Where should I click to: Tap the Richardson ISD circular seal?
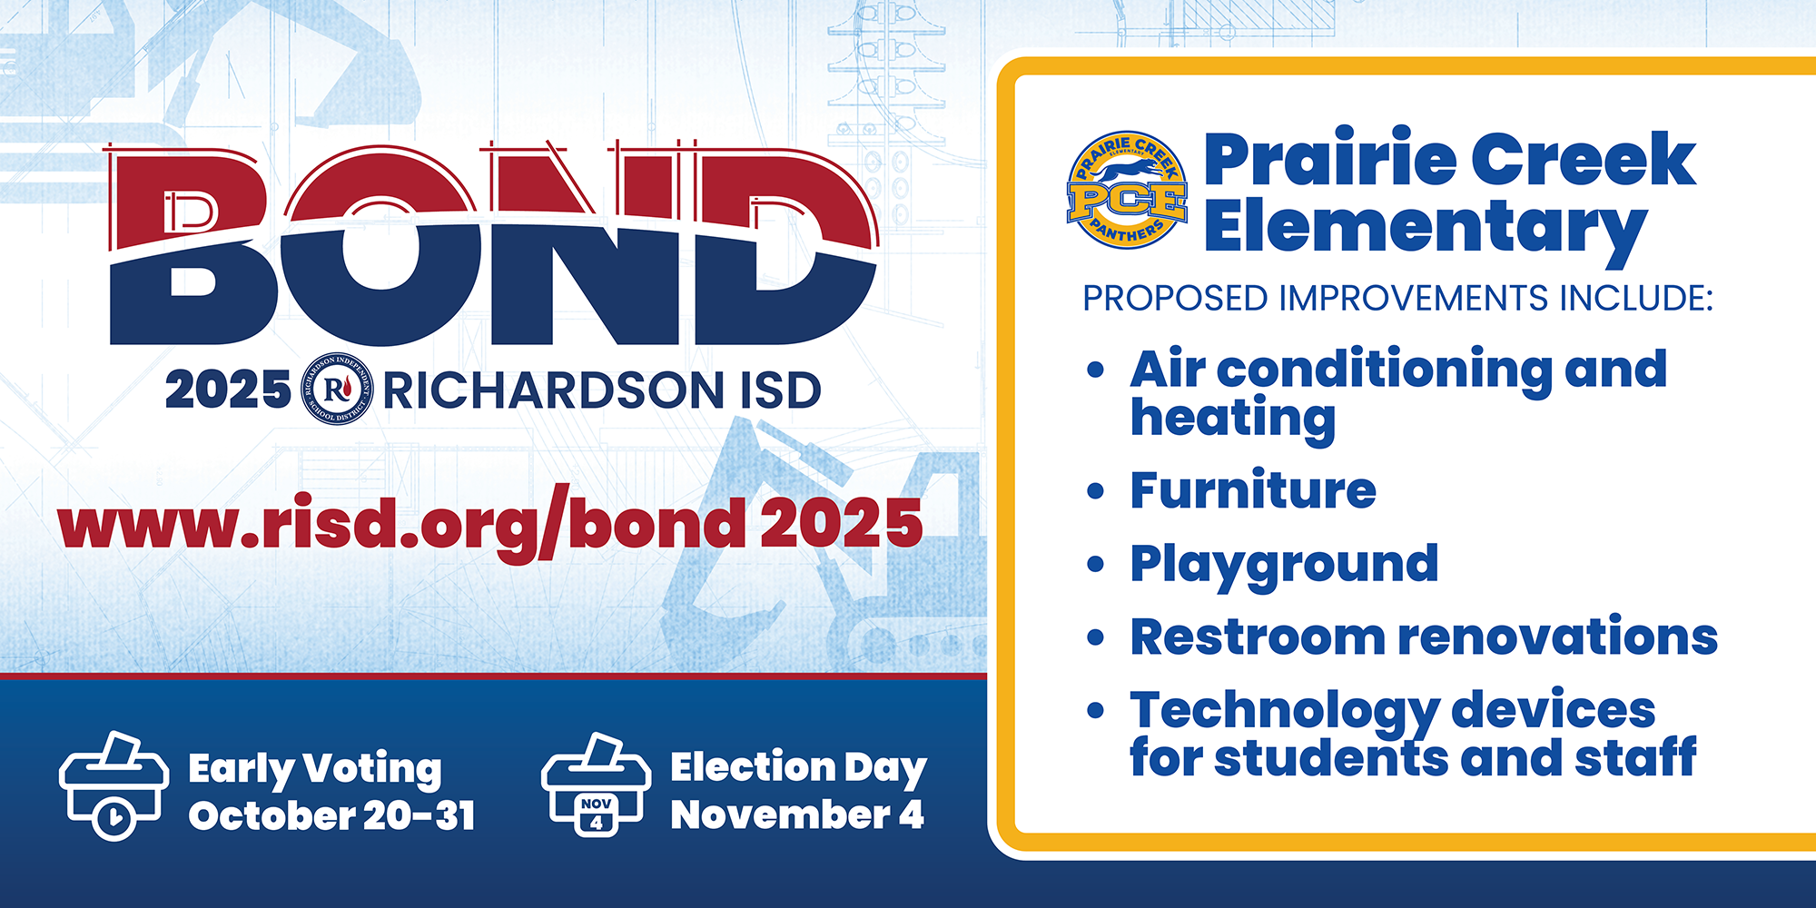(x=337, y=390)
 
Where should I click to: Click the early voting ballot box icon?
(x=113, y=786)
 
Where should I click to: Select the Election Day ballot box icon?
(x=596, y=785)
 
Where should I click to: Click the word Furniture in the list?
(x=1253, y=490)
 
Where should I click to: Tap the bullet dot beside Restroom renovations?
(x=1096, y=637)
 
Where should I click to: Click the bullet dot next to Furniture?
(x=1096, y=491)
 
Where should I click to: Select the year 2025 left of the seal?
(x=228, y=390)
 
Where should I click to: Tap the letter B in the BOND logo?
(x=191, y=245)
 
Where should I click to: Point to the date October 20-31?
(x=331, y=815)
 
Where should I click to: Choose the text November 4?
(x=797, y=814)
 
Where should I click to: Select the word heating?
(x=1233, y=419)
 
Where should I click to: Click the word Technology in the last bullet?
(x=1284, y=711)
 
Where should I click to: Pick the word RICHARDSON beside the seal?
(x=553, y=390)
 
